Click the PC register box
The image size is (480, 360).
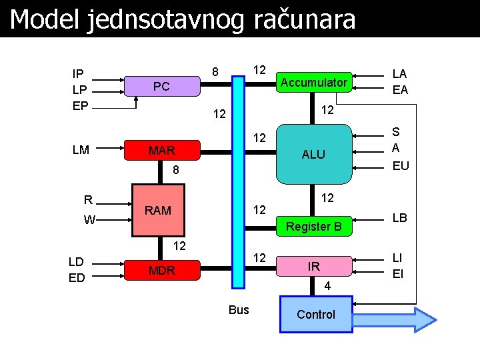click(162, 87)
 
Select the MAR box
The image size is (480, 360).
click(162, 151)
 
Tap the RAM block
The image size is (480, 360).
click(159, 210)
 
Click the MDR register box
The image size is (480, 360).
click(162, 270)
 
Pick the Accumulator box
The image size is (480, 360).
click(313, 83)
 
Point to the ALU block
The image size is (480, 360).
click(313, 154)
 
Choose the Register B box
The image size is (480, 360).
click(313, 227)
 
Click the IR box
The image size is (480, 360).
click(313, 266)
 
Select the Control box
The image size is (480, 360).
click(316, 315)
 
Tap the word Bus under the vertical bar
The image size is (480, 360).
click(239, 309)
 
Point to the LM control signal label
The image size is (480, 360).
click(81, 150)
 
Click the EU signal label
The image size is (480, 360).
click(401, 166)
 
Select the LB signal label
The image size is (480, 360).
click(400, 218)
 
